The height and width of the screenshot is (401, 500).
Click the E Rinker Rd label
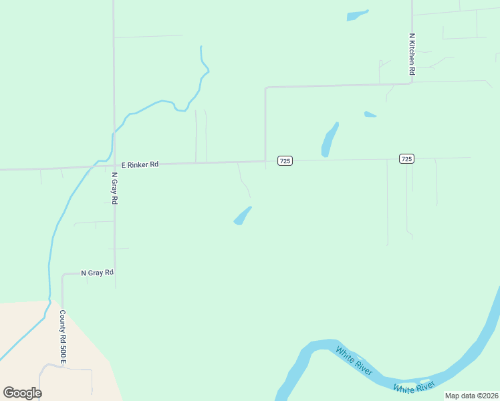(140, 164)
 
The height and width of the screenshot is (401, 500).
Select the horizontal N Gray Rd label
(98, 273)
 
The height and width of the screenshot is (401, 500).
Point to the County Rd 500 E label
(63, 338)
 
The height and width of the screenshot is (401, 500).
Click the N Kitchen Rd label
(412, 54)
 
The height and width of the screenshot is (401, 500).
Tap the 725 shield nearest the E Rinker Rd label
(285, 160)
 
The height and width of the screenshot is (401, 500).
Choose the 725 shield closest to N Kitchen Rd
(406, 158)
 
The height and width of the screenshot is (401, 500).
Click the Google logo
(22, 393)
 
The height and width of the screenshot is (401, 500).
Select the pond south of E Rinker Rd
(243, 216)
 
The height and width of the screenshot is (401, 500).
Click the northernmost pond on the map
(357, 15)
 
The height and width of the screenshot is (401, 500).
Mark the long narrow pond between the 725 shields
(330, 139)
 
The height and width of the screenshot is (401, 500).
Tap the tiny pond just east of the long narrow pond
(370, 114)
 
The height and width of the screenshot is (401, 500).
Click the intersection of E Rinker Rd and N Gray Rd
(114, 165)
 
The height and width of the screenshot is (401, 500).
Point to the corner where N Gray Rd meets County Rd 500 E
(63, 274)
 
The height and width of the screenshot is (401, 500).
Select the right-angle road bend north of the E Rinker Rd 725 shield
(266, 88)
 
